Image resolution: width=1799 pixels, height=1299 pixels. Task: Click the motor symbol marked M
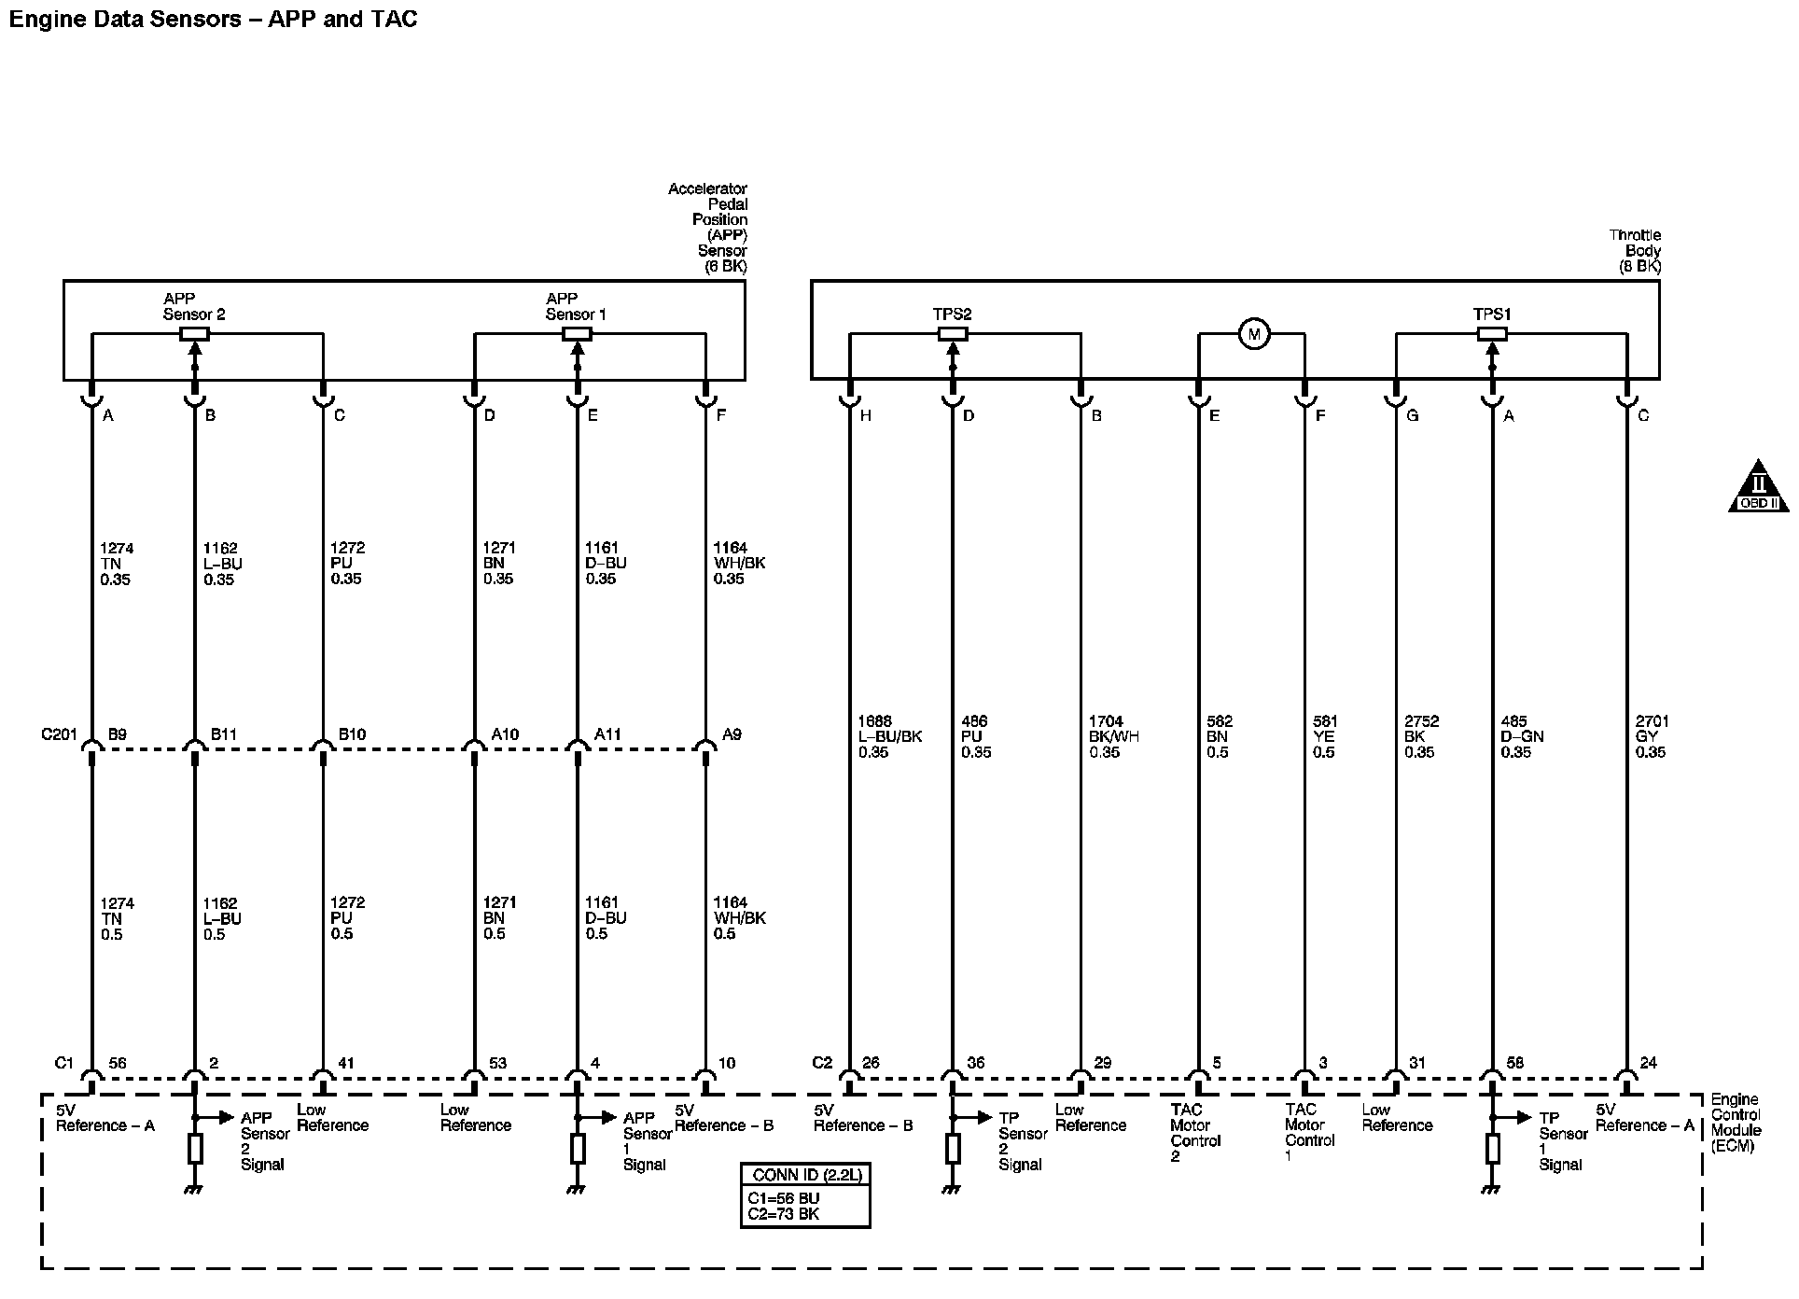click(1254, 334)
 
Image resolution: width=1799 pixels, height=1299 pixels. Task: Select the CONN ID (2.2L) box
click(805, 1195)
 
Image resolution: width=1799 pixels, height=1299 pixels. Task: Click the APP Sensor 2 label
click(193, 306)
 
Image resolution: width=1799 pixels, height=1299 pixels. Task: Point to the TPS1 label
click(1492, 314)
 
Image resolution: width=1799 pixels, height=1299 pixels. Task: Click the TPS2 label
click(952, 314)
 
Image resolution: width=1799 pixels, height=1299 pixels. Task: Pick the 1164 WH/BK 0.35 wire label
click(739, 564)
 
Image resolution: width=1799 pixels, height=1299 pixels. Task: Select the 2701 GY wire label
click(1652, 736)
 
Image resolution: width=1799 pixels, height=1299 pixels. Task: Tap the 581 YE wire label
click(1324, 736)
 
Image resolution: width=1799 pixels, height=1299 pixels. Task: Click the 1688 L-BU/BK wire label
click(889, 736)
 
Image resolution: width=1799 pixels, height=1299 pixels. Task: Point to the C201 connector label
click(58, 734)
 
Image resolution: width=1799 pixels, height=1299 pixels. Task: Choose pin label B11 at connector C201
click(223, 734)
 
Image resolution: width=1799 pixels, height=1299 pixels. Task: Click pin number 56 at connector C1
click(118, 1062)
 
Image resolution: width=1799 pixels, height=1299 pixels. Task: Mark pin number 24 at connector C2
click(1649, 1062)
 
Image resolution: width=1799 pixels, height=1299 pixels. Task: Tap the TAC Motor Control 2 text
click(1194, 1133)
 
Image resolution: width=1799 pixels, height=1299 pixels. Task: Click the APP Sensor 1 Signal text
click(647, 1140)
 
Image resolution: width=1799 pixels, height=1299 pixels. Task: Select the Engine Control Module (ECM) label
click(1736, 1123)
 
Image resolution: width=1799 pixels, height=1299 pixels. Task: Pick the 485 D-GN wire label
click(1521, 736)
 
